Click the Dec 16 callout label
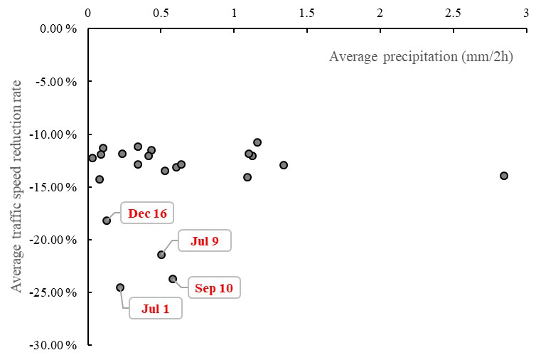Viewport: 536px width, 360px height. click(x=148, y=213)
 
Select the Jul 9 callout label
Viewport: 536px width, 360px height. click(x=204, y=241)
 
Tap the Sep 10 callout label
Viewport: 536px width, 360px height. click(x=214, y=288)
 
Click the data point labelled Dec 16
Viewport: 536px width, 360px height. click(x=107, y=221)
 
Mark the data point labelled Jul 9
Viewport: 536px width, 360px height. click(x=161, y=255)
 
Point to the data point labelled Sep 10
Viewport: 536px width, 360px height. click(x=173, y=279)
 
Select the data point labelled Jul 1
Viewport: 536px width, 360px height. click(x=120, y=287)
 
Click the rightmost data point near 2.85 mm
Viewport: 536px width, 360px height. click(x=504, y=176)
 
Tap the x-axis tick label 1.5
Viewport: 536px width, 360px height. click(x=306, y=13)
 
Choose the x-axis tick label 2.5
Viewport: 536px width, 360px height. click(x=453, y=13)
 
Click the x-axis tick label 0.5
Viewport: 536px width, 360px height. click(x=161, y=13)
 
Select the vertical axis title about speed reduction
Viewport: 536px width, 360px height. click(x=17, y=186)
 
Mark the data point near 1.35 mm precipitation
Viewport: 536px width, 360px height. click(x=284, y=165)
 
